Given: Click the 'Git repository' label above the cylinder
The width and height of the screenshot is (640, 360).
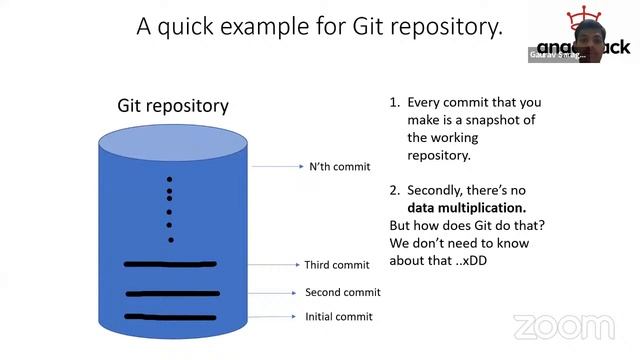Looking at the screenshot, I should [x=173, y=105].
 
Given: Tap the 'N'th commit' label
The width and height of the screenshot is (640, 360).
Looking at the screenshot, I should [x=339, y=166].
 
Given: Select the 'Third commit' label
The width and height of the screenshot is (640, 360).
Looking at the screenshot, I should [x=337, y=265].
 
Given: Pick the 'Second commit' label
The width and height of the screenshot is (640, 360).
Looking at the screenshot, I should [x=342, y=293].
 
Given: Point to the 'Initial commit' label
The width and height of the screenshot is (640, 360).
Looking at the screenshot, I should [x=338, y=317].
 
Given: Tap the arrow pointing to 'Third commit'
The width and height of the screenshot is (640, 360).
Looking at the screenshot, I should [x=275, y=265].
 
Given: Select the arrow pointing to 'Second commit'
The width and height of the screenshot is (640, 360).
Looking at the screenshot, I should [x=276, y=293].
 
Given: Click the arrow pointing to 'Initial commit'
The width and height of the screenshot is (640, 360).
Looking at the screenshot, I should [x=276, y=317].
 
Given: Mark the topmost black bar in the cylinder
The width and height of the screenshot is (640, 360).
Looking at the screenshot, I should [x=170, y=264].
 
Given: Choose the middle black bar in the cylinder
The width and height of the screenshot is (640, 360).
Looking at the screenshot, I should [x=172, y=293].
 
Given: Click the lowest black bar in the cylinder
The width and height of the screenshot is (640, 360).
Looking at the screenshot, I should [x=171, y=317].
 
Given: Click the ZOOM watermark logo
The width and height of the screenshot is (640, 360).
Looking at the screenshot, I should [x=564, y=326].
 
